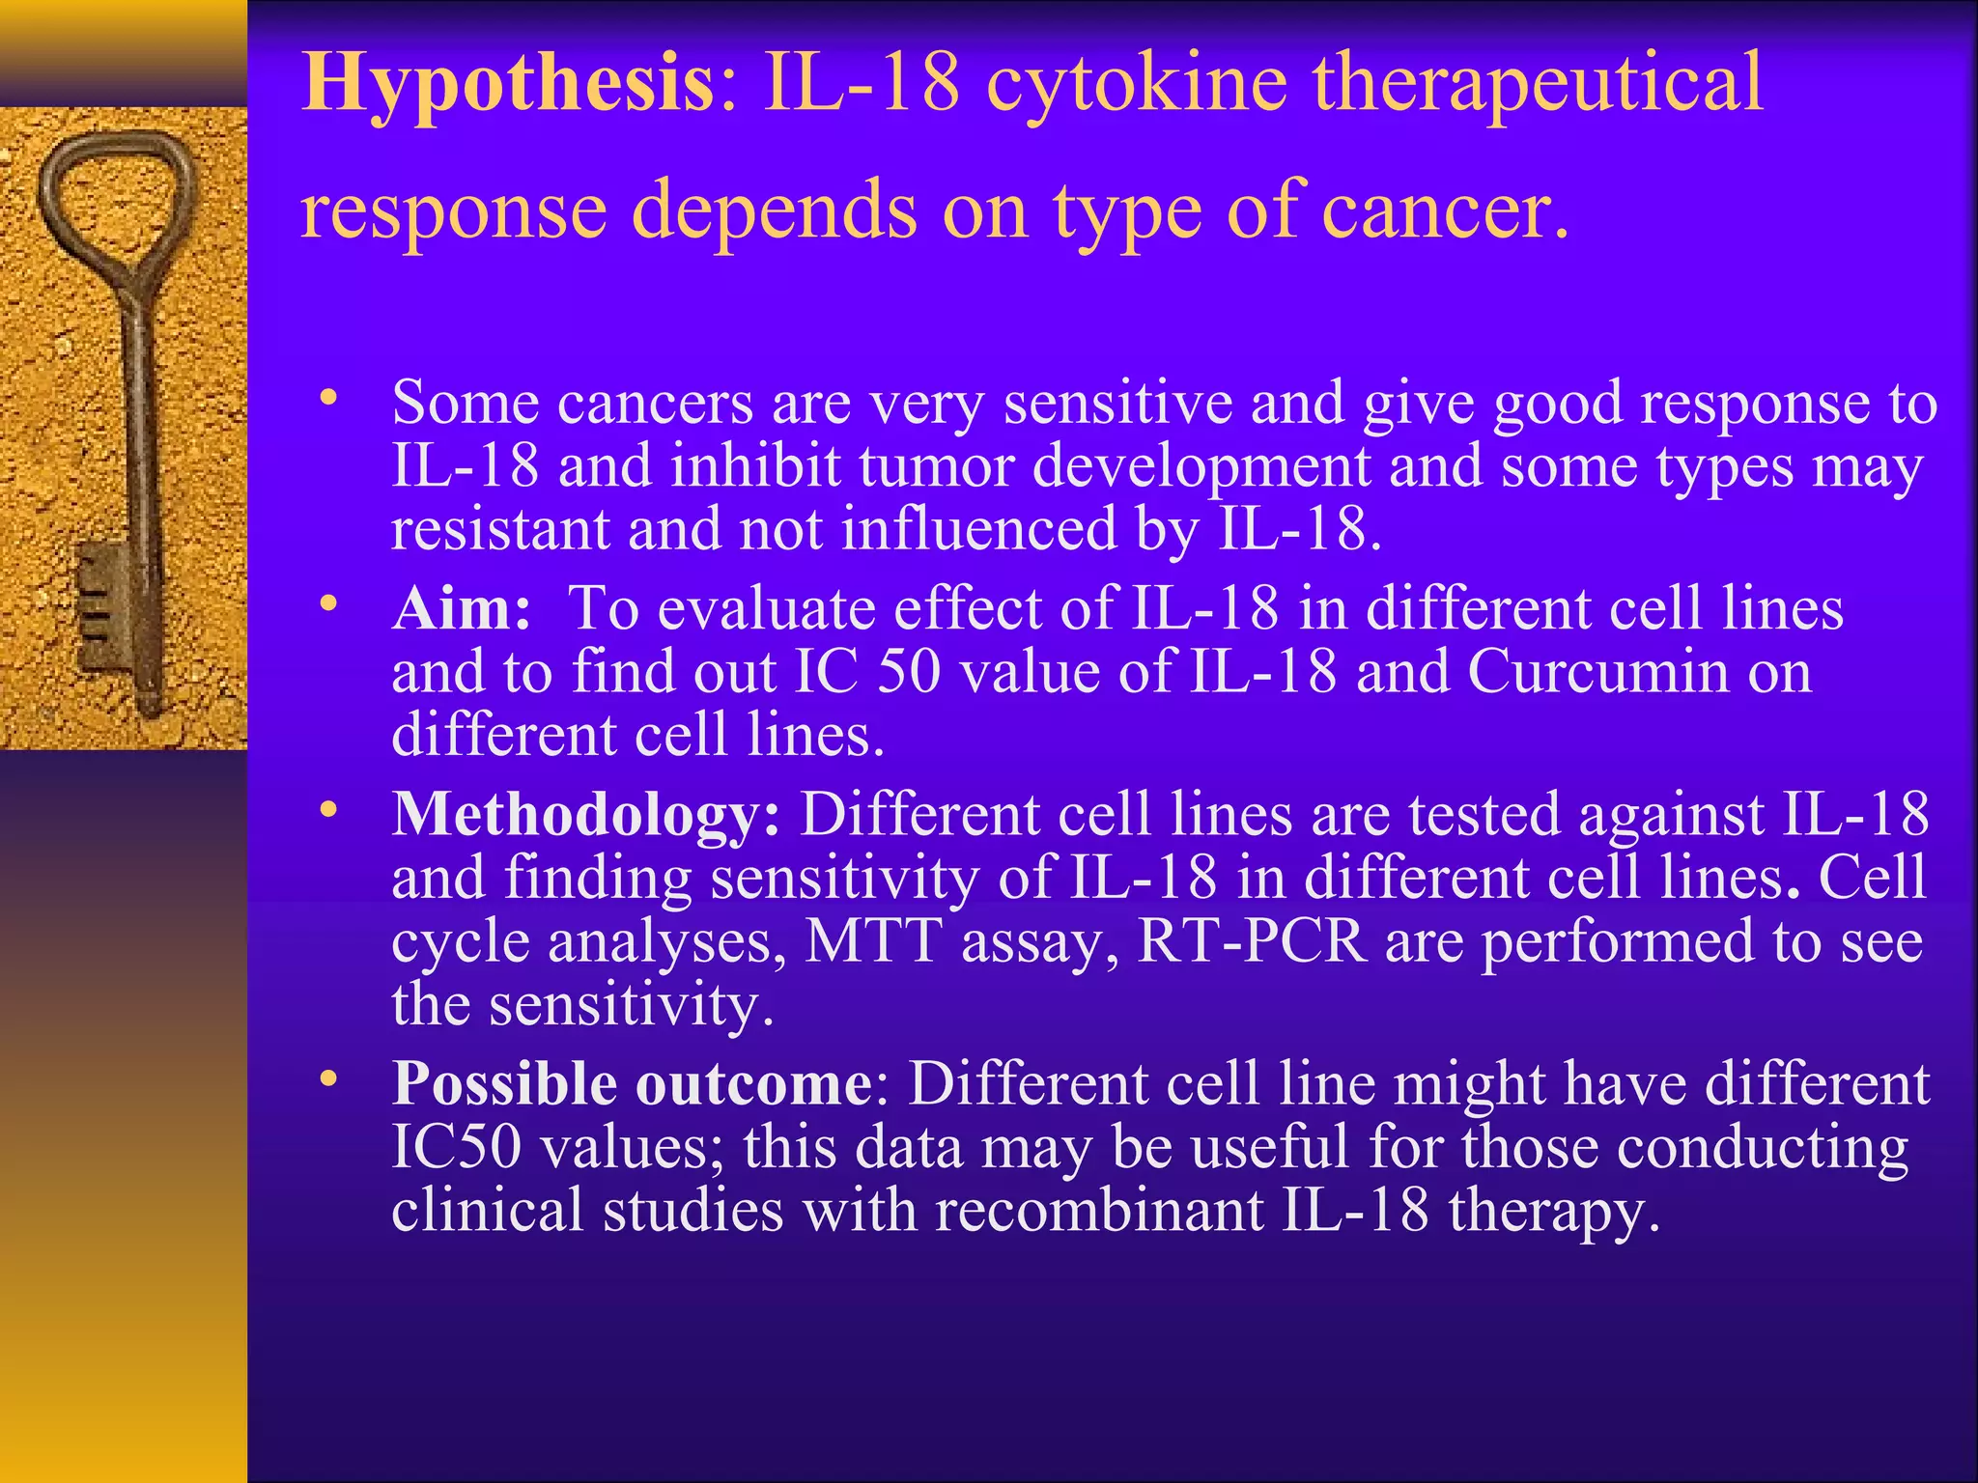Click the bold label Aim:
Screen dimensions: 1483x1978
coord(462,609)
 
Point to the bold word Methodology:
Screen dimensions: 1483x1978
coord(585,814)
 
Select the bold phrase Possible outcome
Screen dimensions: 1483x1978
coord(633,1083)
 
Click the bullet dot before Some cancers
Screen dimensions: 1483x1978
coord(329,398)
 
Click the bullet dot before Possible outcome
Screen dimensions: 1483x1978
coord(329,1079)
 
